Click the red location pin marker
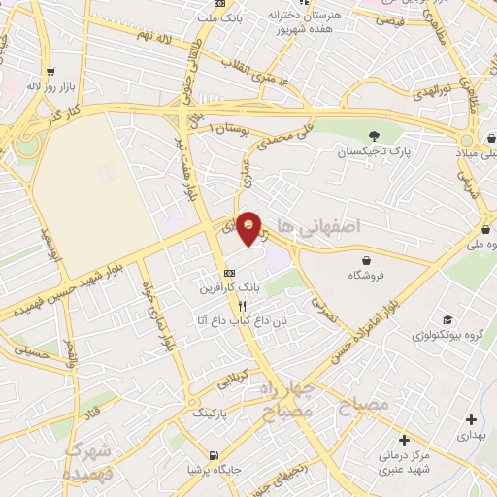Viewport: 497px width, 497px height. click(249, 227)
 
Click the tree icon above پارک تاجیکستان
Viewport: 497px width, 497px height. click(375, 136)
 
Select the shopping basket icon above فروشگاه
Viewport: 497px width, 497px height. click(366, 260)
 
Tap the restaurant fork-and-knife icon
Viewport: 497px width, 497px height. click(229, 305)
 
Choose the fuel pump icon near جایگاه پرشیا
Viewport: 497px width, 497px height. click(213, 454)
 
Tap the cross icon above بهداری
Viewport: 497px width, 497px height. click(471, 420)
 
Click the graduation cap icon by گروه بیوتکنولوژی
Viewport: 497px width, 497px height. click(447, 320)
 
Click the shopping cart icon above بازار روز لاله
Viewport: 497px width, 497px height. click(50, 71)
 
